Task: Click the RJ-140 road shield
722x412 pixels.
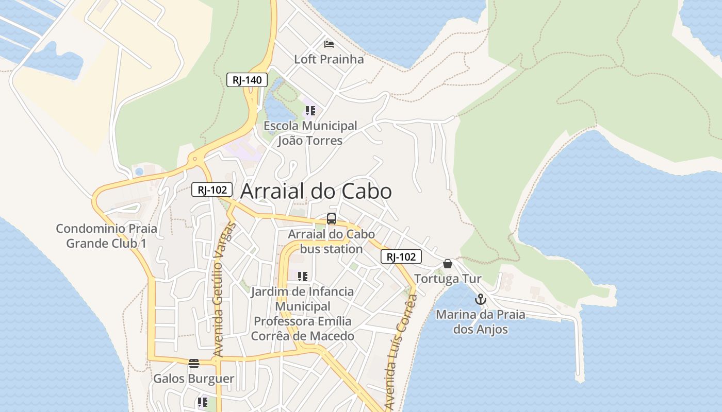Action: pos(247,80)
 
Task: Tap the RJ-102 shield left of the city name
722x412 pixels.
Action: pos(212,190)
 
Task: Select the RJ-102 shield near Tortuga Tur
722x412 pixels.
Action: pos(401,256)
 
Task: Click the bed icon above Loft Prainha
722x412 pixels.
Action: pos(329,44)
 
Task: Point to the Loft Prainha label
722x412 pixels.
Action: pos(329,59)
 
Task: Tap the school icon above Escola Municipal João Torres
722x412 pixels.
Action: pos(310,111)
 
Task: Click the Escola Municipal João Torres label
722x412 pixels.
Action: pos(310,133)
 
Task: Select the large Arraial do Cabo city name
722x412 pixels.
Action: pos(316,191)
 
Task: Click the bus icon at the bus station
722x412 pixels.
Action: pos(332,219)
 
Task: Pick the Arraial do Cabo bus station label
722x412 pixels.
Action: pos(332,242)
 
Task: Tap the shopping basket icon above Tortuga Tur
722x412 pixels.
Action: pos(448,264)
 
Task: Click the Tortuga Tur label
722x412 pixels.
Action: pos(448,279)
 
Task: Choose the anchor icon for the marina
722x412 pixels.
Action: pos(481,299)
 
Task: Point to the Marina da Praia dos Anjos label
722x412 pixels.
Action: pos(481,322)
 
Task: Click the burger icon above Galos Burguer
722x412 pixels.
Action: pos(194,364)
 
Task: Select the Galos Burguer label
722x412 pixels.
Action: pos(194,379)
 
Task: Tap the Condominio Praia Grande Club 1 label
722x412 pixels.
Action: pos(106,236)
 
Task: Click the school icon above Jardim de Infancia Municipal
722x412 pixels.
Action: pos(303,277)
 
